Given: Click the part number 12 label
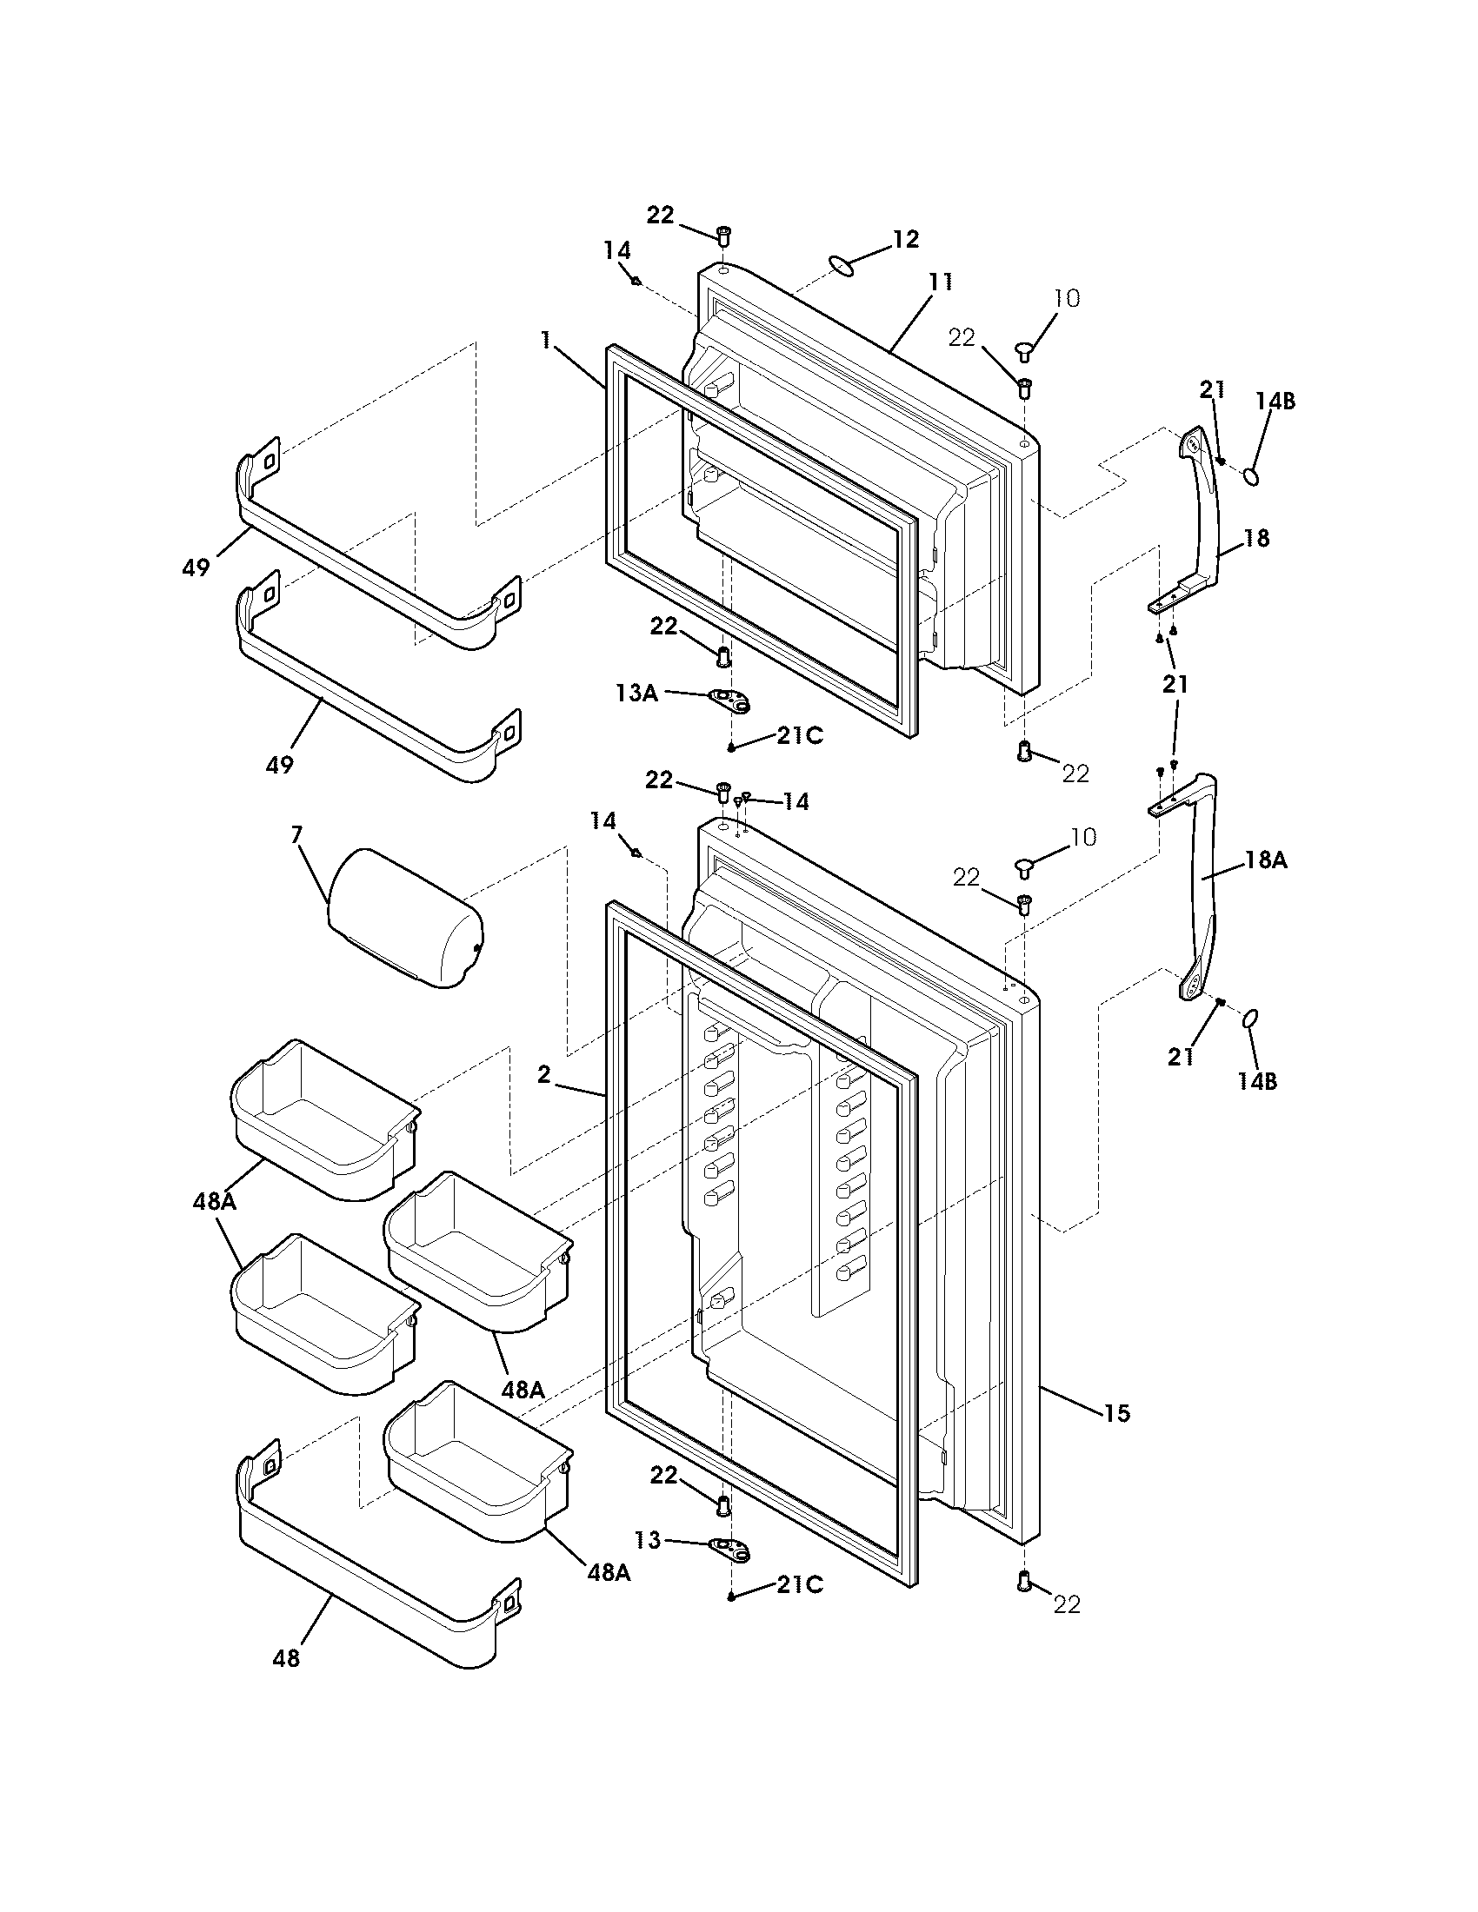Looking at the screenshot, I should (x=905, y=239).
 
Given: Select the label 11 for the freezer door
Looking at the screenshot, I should (x=940, y=282).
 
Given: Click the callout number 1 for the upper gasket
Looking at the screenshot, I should (x=546, y=341).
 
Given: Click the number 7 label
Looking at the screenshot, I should (x=296, y=834).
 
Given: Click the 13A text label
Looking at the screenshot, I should (x=636, y=694).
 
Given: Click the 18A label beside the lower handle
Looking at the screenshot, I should (x=1266, y=860).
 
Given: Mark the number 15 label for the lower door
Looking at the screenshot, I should (x=1116, y=1413).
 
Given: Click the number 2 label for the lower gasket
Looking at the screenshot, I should (x=543, y=1074).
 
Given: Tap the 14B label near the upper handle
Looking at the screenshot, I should (x=1274, y=401).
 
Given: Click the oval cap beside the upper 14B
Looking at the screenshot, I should (x=1252, y=476).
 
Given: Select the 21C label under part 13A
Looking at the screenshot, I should (x=799, y=736).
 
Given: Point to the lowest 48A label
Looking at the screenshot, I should (x=608, y=1572).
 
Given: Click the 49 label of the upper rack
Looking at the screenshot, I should (x=196, y=568).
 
